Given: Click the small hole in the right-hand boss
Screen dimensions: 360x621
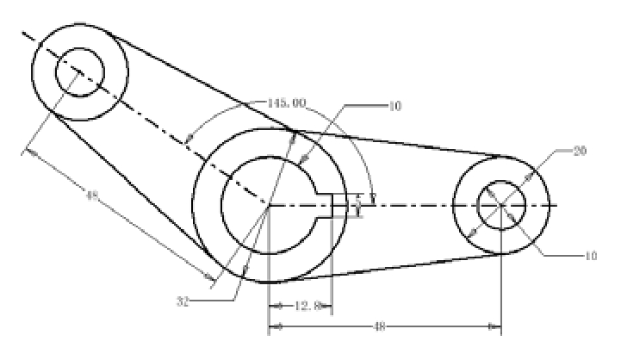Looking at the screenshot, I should [501, 205].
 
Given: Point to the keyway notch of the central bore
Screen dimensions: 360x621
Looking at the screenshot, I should [325, 206].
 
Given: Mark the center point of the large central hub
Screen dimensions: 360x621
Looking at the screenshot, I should [270, 206].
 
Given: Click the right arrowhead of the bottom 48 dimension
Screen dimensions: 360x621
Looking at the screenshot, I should [496, 327].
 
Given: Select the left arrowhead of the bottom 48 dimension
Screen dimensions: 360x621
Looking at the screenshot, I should [275, 327].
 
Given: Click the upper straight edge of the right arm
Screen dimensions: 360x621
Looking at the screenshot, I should [405, 144].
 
